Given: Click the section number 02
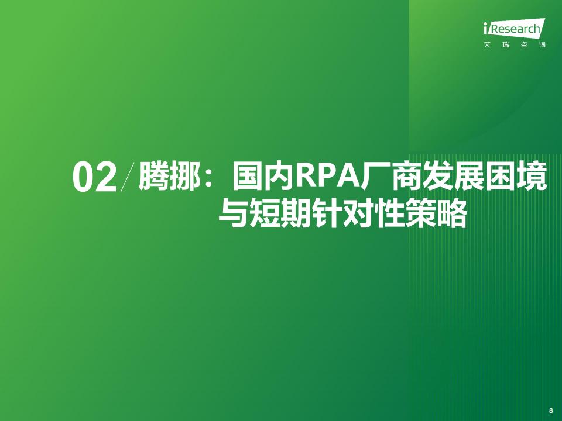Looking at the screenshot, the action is point(95,178).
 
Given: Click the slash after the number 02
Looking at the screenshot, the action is point(128,177).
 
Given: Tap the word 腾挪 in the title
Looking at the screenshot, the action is point(170,176).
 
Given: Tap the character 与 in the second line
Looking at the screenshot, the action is point(233,214).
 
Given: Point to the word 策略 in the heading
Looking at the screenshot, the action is point(436,214).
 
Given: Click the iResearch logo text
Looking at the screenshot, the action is point(514,28).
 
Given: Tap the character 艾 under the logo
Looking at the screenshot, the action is point(486,45).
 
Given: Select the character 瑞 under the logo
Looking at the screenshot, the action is point(505,45).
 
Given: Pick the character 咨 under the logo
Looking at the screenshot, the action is point(524,45).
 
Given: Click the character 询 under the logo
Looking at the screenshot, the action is point(542,45).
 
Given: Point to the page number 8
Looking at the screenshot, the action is point(551,410).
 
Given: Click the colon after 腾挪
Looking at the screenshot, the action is point(210,178).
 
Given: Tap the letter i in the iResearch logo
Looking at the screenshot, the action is point(485,28).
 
